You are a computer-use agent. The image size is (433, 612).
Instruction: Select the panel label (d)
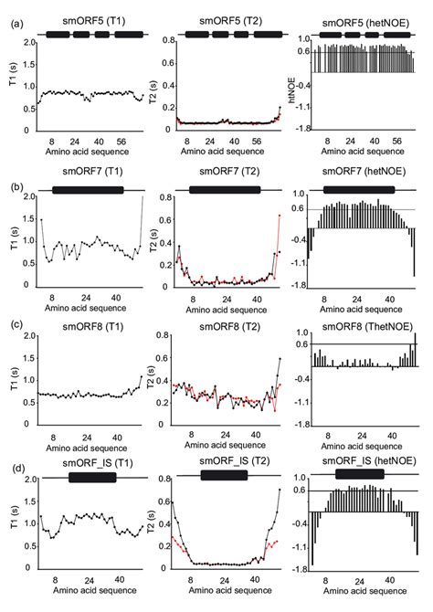coord(14,468)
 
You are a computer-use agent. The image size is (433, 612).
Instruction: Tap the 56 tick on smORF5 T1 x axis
coord(121,142)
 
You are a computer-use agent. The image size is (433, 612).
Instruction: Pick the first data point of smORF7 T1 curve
coord(40,219)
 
